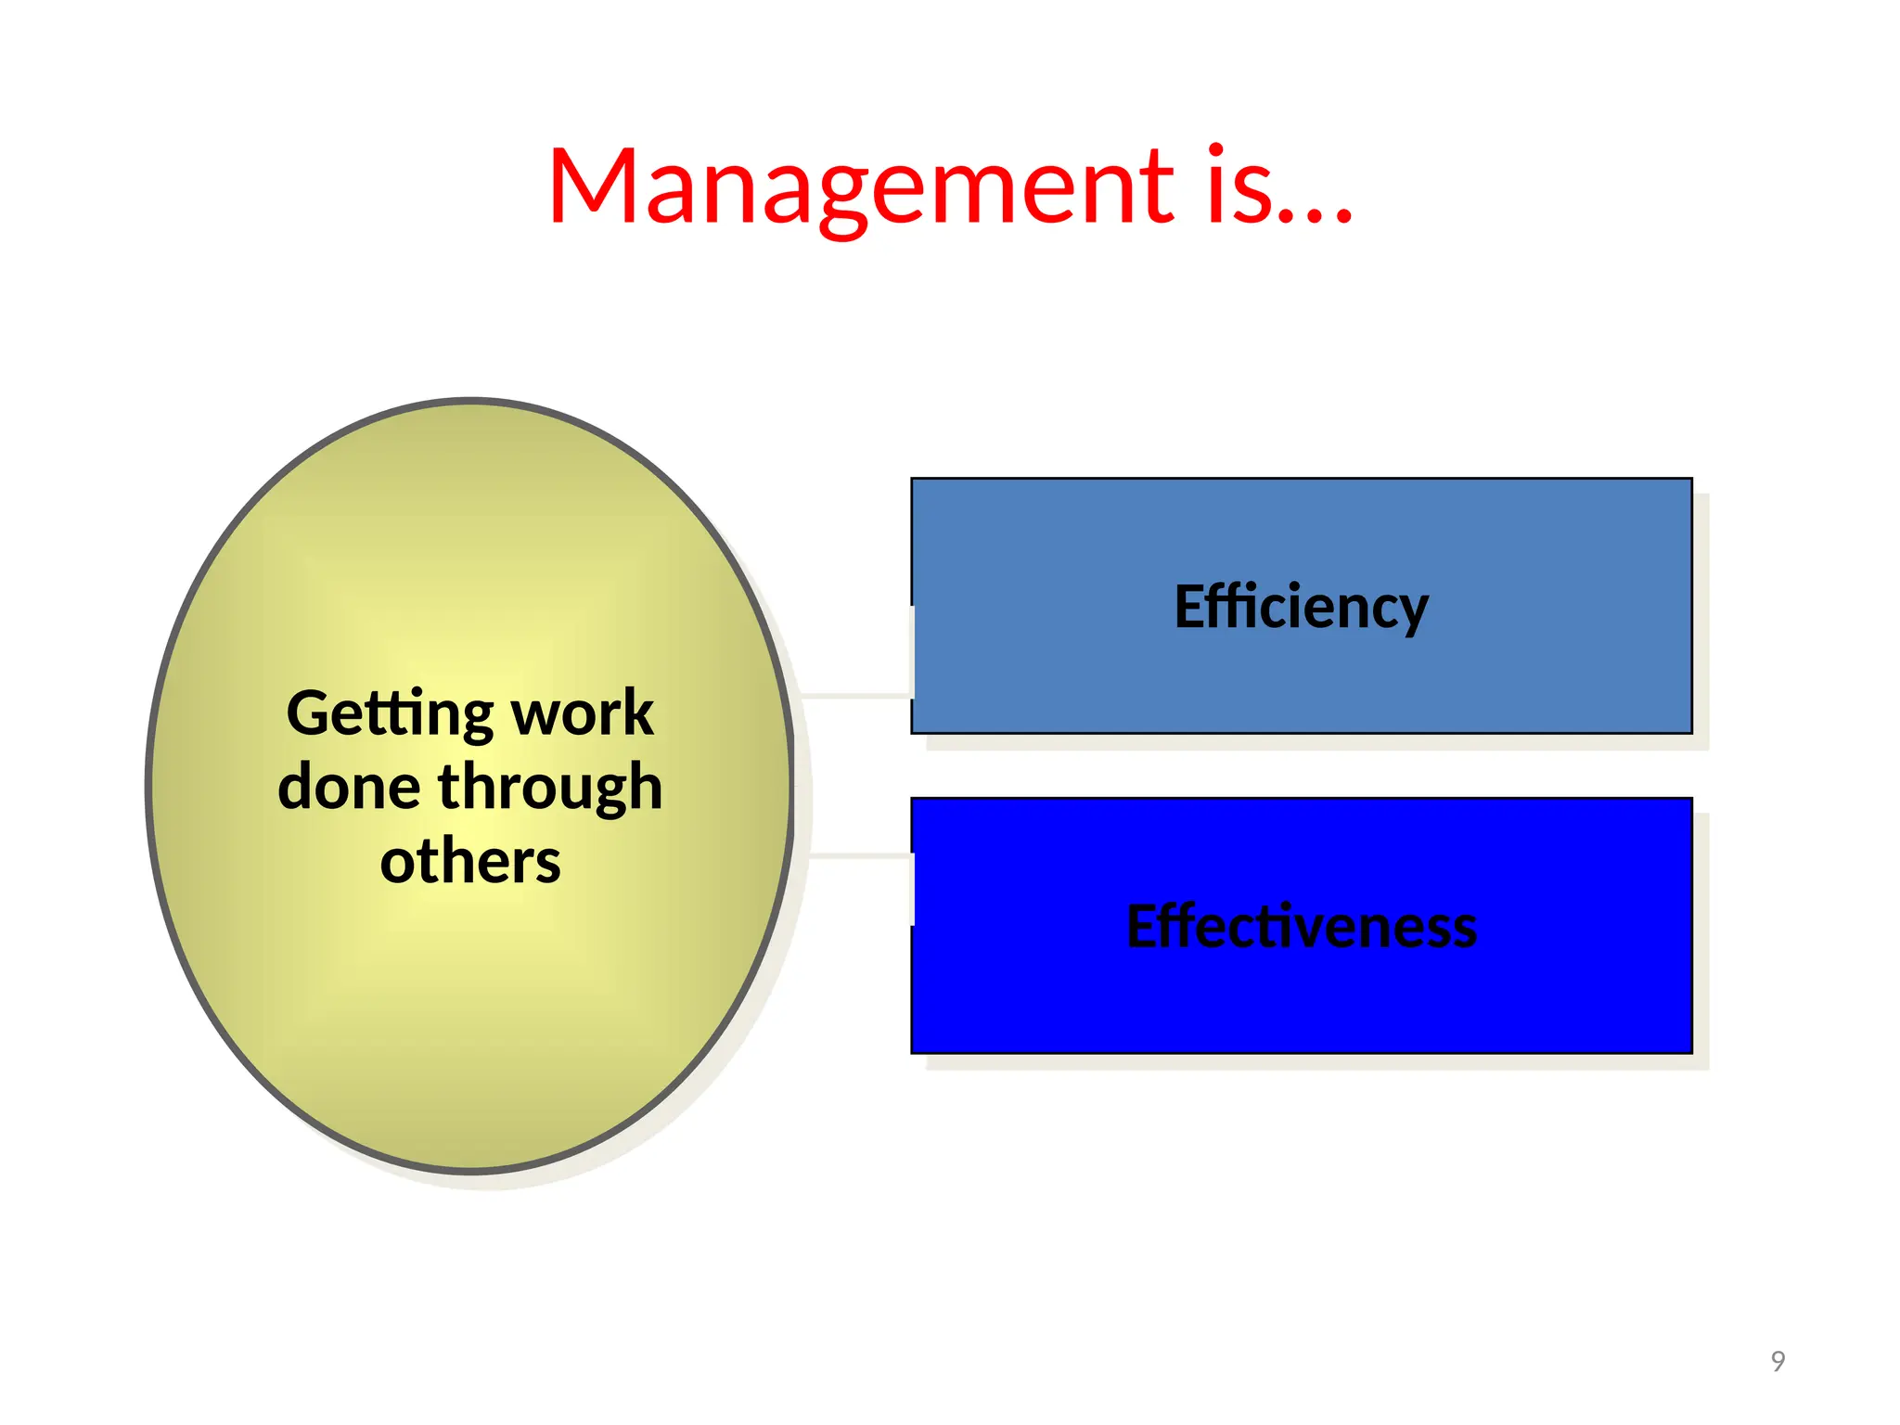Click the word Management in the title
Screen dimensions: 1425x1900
(x=860, y=187)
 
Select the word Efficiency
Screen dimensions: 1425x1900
(x=1301, y=608)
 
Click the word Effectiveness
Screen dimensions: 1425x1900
(x=1301, y=926)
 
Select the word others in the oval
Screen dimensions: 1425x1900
(x=470, y=861)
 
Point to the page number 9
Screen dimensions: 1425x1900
(x=1778, y=1361)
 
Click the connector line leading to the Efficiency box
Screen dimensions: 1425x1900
(x=854, y=695)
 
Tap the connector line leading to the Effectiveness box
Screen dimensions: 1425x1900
(x=860, y=855)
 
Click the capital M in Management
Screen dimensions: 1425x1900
(x=594, y=187)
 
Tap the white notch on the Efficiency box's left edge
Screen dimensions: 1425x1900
(x=913, y=651)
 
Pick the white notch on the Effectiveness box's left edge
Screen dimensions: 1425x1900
(x=913, y=889)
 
